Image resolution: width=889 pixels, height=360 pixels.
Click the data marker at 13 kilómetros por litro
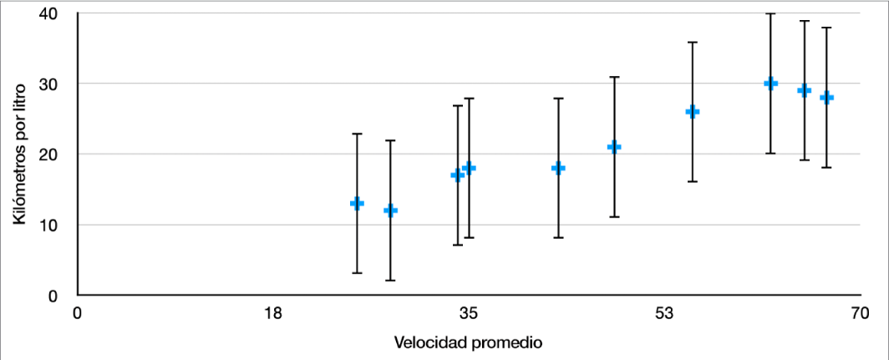pyautogui.click(x=357, y=203)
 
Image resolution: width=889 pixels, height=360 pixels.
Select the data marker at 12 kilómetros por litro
pyautogui.click(x=390, y=210)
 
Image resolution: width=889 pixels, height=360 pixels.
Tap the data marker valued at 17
pyautogui.click(x=457, y=175)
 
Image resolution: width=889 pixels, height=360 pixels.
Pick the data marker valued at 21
pyautogui.click(x=614, y=147)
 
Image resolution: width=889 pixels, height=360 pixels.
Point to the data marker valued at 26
pyautogui.click(x=692, y=112)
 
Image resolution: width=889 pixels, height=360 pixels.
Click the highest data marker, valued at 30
pyautogui.click(x=770, y=84)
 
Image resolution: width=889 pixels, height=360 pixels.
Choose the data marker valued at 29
pyautogui.click(x=804, y=90)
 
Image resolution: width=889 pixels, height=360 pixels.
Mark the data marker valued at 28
pyautogui.click(x=826, y=98)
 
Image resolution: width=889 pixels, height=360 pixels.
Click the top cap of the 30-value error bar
pyautogui.click(x=770, y=14)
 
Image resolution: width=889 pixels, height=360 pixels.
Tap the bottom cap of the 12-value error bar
pyautogui.click(x=390, y=280)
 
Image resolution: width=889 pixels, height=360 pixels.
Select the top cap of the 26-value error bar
pyautogui.click(x=692, y=42)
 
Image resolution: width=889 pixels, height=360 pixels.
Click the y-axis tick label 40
pyautogui.click(x=49, y=13)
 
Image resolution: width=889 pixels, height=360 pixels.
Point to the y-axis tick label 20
pyautogui.click(x=49, y=155)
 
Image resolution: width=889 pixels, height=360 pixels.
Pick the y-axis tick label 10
pyautogui.click(x=49, y=225)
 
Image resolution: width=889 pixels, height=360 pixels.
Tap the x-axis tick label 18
pyautogui.click(x=272, y=314)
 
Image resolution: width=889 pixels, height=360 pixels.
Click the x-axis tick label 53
pyautogui.click(x=664, y=314)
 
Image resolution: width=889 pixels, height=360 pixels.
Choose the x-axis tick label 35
pyautogui.click(x=469, y=314)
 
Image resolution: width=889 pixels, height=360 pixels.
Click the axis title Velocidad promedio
pyautogui.click(x=469, y=342)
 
